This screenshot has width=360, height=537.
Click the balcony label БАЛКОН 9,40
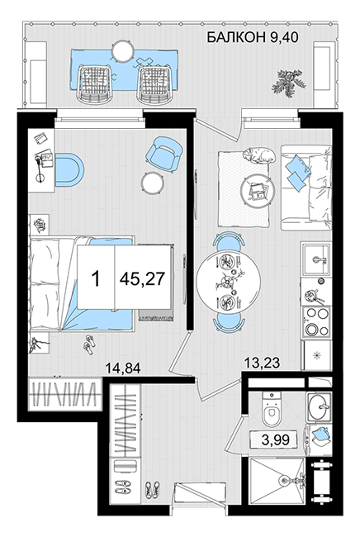[x=253, y=37]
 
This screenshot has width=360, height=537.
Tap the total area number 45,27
[x=142, y=278]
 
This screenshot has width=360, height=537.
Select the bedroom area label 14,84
[x=123, y=368]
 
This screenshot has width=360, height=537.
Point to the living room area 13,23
[x=263, y=363]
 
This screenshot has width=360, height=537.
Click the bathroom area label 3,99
[x=275, y=440]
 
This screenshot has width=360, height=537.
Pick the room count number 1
[x=96, y=278]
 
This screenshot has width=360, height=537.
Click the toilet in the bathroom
[x=272, y=409]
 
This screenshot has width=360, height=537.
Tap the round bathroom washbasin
[x=319, y=406]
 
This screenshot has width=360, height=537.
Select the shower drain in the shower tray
[x=283, y=481]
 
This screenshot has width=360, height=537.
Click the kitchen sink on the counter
[x=316, y=259]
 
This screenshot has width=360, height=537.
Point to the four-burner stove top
[x=316, y=322]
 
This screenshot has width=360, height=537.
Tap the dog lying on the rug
[x=258, y=154]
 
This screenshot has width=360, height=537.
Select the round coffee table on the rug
[x=258, y=192]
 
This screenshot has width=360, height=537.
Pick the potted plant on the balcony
[x=288, y=83]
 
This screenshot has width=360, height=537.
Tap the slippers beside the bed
[x=88, y=344]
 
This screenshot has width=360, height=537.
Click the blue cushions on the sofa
[x=296, y=171]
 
